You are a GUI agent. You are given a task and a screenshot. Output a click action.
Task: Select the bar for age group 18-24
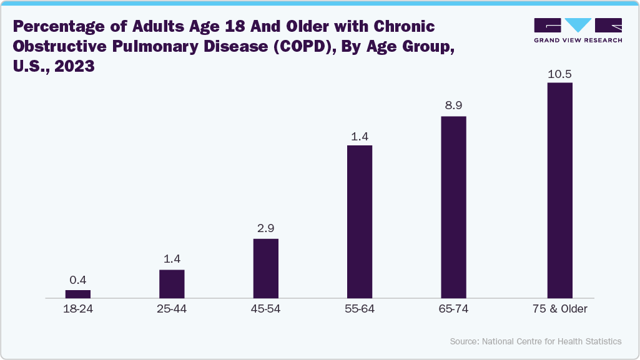click(x=78, y=294)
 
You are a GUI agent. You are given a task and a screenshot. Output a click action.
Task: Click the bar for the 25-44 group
click(x=172, y=284)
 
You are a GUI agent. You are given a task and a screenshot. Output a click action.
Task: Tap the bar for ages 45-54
click(x=265, y=268)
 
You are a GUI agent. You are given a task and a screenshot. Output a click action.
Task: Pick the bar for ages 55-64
click(x=360, y=221)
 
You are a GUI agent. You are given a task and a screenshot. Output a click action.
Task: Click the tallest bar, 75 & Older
click(x=559, y=190)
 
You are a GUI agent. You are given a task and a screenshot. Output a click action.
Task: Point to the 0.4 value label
click(x=78, y=281)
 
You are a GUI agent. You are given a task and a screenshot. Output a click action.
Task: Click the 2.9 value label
click(x=265, y=229)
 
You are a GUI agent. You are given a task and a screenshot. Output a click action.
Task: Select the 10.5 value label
click(x=559, y=74)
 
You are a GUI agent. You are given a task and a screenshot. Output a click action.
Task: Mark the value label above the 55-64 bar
click(x=360, y=136)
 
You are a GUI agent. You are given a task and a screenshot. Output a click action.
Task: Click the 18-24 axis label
click(x=78, y=309)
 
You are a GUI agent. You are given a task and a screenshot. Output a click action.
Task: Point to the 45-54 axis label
click(x=265, y=309)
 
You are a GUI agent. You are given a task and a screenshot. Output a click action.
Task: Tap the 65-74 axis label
click(x=453, y=309)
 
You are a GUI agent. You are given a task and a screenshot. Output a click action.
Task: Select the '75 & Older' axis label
click(x=559, y=309)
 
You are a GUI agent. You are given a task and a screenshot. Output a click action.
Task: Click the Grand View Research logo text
click(x=578, y=41)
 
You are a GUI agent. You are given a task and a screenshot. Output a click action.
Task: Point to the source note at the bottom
click(x=535, y=341)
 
